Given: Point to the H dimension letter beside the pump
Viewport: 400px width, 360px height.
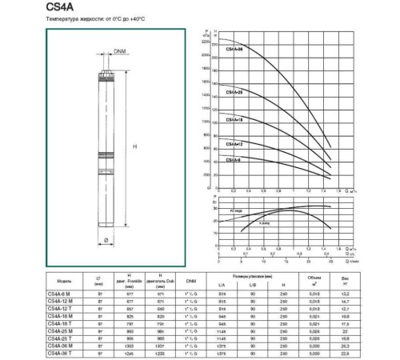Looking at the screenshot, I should point(134,147).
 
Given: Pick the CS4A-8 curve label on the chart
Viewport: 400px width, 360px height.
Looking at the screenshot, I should point(234,160).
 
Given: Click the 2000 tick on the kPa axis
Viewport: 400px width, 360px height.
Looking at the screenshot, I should point(206,54).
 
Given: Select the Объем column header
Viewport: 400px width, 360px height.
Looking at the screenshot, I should point(315,281).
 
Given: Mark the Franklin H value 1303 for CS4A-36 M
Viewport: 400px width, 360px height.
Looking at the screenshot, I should point(130,345).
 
